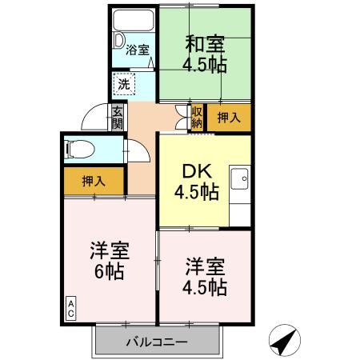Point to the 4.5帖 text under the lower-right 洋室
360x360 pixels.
[x=206, y=287]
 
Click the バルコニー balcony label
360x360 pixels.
[x=157, y=342]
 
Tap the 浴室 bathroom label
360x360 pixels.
[x=138, y=50]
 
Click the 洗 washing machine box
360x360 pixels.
[x=123, y=82]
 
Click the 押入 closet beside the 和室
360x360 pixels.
[x=229, y=118]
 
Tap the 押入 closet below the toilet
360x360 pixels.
[x=94, y=182]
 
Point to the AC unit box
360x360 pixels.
[x=70, y=310]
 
